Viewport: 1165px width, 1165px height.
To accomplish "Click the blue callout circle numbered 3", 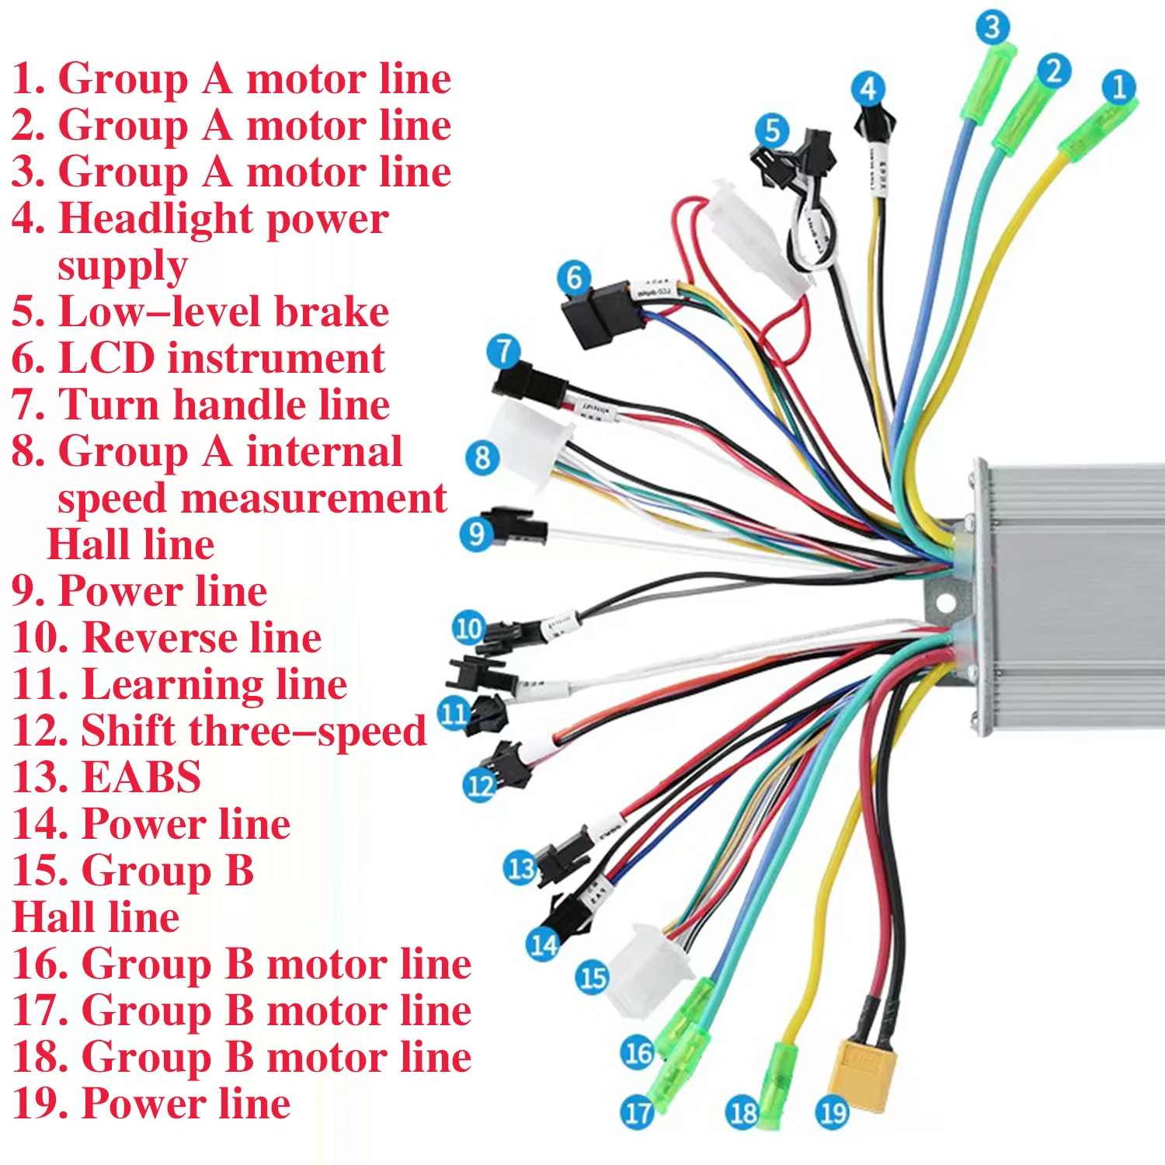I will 992,28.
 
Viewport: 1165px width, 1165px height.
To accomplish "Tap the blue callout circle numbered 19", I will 833,1113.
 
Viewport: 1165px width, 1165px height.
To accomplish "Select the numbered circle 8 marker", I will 482,457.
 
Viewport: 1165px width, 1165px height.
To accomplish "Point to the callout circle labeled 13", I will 520,868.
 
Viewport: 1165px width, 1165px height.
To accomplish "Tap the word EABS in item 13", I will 141,777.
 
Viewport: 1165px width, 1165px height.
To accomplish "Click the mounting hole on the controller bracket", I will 944,603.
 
